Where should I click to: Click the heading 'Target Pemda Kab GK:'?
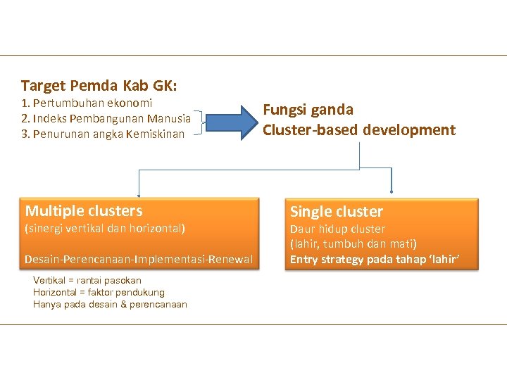coord(99,86)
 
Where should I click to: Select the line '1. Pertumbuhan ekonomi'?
coord(87,103)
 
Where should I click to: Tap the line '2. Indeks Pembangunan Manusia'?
coord(106,118)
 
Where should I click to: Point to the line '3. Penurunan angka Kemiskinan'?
coord(103,134)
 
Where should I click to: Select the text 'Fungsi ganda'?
coord(308,110)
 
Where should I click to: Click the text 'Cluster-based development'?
coord(358,130)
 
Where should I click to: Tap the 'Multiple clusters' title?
coord(84,210)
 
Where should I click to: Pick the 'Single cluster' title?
coord(337,211)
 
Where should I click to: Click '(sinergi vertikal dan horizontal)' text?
coord(105,229)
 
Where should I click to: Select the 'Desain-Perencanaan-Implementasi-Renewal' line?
coord(139,260)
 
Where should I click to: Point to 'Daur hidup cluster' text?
coord(337,229)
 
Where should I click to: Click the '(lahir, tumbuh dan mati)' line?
coord(353,244)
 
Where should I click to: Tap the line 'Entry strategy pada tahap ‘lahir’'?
coord(375,260)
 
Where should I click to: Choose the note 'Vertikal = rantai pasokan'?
coord(87,280)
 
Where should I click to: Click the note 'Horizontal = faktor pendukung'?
coord(99,292)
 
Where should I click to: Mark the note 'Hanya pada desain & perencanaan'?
coord(110,304)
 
